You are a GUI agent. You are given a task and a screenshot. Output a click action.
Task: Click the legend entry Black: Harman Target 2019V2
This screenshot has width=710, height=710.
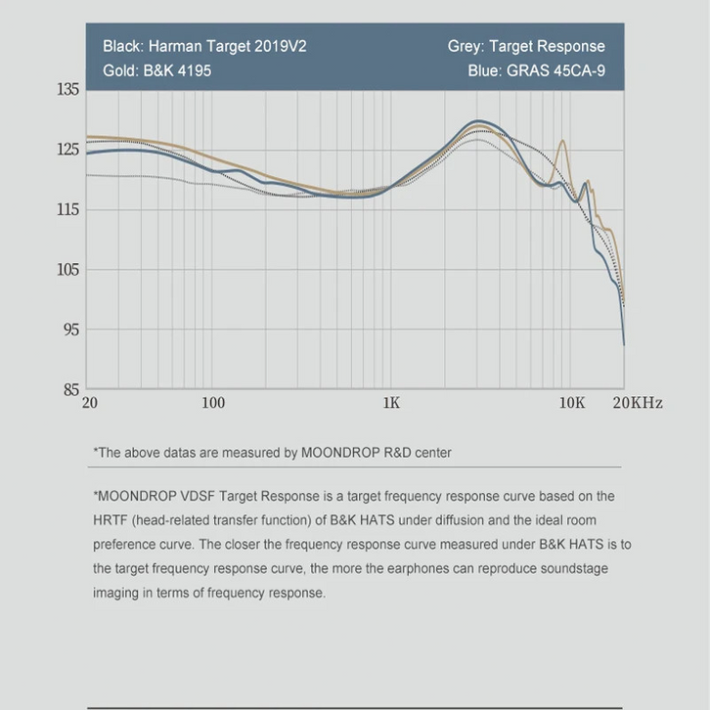pos(204,46)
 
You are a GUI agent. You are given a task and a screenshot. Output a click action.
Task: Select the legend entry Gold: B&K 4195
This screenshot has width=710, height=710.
pos(156,70)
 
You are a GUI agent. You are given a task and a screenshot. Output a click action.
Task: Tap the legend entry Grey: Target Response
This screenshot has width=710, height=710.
pos(526,46)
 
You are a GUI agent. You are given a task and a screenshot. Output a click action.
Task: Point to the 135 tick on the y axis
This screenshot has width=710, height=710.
pos(68,90)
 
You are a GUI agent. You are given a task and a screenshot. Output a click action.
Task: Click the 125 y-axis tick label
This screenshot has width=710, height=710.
pos(68,150)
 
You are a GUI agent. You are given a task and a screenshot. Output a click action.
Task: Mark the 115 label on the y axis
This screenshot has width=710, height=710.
pos(68,210)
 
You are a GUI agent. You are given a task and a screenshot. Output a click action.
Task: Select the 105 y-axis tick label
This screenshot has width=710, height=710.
pos(68,270)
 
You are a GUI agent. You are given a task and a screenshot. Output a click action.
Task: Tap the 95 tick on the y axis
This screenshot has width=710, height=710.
pos(71,330)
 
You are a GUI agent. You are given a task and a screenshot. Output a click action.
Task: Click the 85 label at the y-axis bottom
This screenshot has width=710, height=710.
pos(71,390)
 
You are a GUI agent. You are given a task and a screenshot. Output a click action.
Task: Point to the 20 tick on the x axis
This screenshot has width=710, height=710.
pos(90,403)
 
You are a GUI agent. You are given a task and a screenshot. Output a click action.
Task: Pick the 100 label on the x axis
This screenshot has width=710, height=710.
pos(212,403)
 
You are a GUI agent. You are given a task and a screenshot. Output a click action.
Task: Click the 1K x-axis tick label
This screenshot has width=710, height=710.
pos(391,403)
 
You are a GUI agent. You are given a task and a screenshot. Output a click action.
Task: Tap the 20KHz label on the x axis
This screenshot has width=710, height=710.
pos(637,403)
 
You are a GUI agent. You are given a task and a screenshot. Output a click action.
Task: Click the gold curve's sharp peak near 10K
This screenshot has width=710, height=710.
pos(562,141)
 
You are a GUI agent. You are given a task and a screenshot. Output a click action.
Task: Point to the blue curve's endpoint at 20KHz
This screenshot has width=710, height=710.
pos(624,344)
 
